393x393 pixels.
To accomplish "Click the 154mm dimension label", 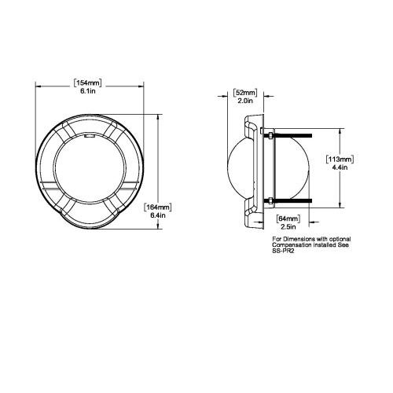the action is [x=87, y=83].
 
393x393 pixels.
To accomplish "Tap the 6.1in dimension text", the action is [x=88, y=91].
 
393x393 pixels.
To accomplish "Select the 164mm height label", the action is [x=158, y=208].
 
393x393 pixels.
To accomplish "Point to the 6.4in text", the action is [x=158, y=215].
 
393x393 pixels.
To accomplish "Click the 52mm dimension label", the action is [x=245, y=93].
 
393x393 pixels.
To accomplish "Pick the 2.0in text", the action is [x=245, y=101].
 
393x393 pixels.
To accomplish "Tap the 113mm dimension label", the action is [x=340, y=159].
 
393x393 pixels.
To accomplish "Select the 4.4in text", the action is [x=340, y=167].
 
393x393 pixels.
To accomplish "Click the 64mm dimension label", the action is [x=288, y=219].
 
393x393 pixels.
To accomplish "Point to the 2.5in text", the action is [x=288, y=226].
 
